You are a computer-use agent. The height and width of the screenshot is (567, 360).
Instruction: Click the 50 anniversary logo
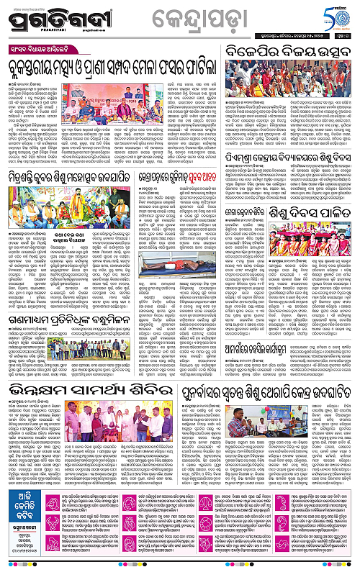[x=339, y=16]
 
